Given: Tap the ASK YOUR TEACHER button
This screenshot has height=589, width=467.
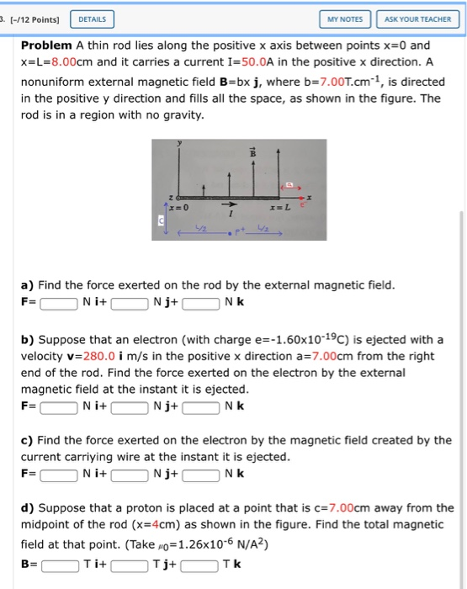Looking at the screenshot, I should click(x=417, y=19).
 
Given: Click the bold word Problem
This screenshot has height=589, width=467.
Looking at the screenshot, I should click(x=46, y=45).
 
